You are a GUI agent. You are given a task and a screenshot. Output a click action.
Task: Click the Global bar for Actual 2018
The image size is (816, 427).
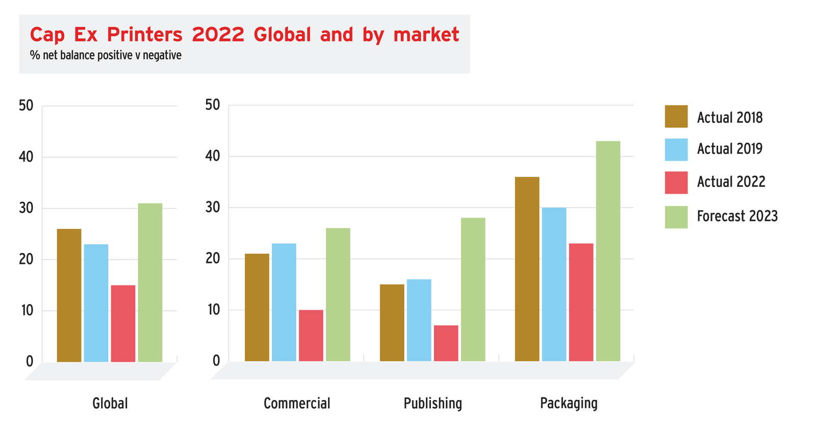[x=69, y=296]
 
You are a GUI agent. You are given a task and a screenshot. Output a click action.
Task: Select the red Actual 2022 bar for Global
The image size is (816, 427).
[x=123, y=324]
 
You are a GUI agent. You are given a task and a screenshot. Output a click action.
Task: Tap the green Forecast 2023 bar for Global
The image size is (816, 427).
[x=150, y=283]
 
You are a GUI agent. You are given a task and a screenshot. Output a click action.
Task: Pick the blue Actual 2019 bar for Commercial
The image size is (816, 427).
[x=284, y=303]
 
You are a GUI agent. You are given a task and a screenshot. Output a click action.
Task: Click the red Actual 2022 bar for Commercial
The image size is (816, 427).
[x=311, y=336]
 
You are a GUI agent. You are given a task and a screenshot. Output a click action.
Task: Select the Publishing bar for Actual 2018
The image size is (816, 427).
[x=392, y=323]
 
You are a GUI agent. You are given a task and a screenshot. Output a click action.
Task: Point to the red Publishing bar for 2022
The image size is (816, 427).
[x=446, y=343]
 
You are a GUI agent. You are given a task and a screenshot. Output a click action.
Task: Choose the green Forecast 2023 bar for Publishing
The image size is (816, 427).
[x=473, y=290]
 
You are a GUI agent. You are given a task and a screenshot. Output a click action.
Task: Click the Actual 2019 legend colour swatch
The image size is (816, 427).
[x=676, y=149]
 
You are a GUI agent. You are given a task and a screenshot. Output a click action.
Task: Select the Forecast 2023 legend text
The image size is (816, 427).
[x=737, y=216]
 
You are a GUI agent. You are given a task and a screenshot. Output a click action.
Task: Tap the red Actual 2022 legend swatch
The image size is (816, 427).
[x=676, y=182]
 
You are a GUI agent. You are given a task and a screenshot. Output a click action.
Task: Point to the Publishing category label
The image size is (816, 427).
[x=432, y=404]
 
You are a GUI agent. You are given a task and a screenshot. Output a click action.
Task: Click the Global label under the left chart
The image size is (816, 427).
[x=110, y=404]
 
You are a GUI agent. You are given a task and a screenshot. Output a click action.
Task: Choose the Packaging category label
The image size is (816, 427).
[x=569, y=404]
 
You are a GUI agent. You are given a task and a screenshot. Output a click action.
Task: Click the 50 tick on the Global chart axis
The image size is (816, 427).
[x=25, y=106]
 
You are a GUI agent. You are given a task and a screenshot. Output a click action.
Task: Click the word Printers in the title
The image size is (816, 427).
[x=144, y=35]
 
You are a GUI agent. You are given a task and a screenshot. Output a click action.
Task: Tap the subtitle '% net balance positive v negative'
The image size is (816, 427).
[x=106, y=55]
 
